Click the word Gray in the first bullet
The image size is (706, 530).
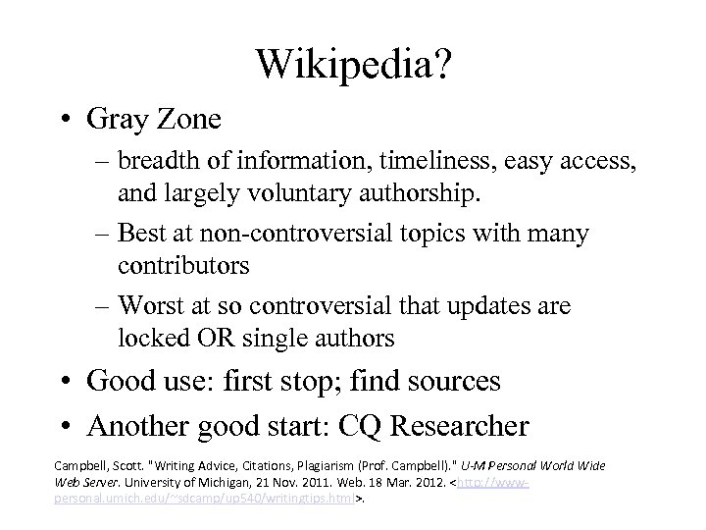coord(115,121)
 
